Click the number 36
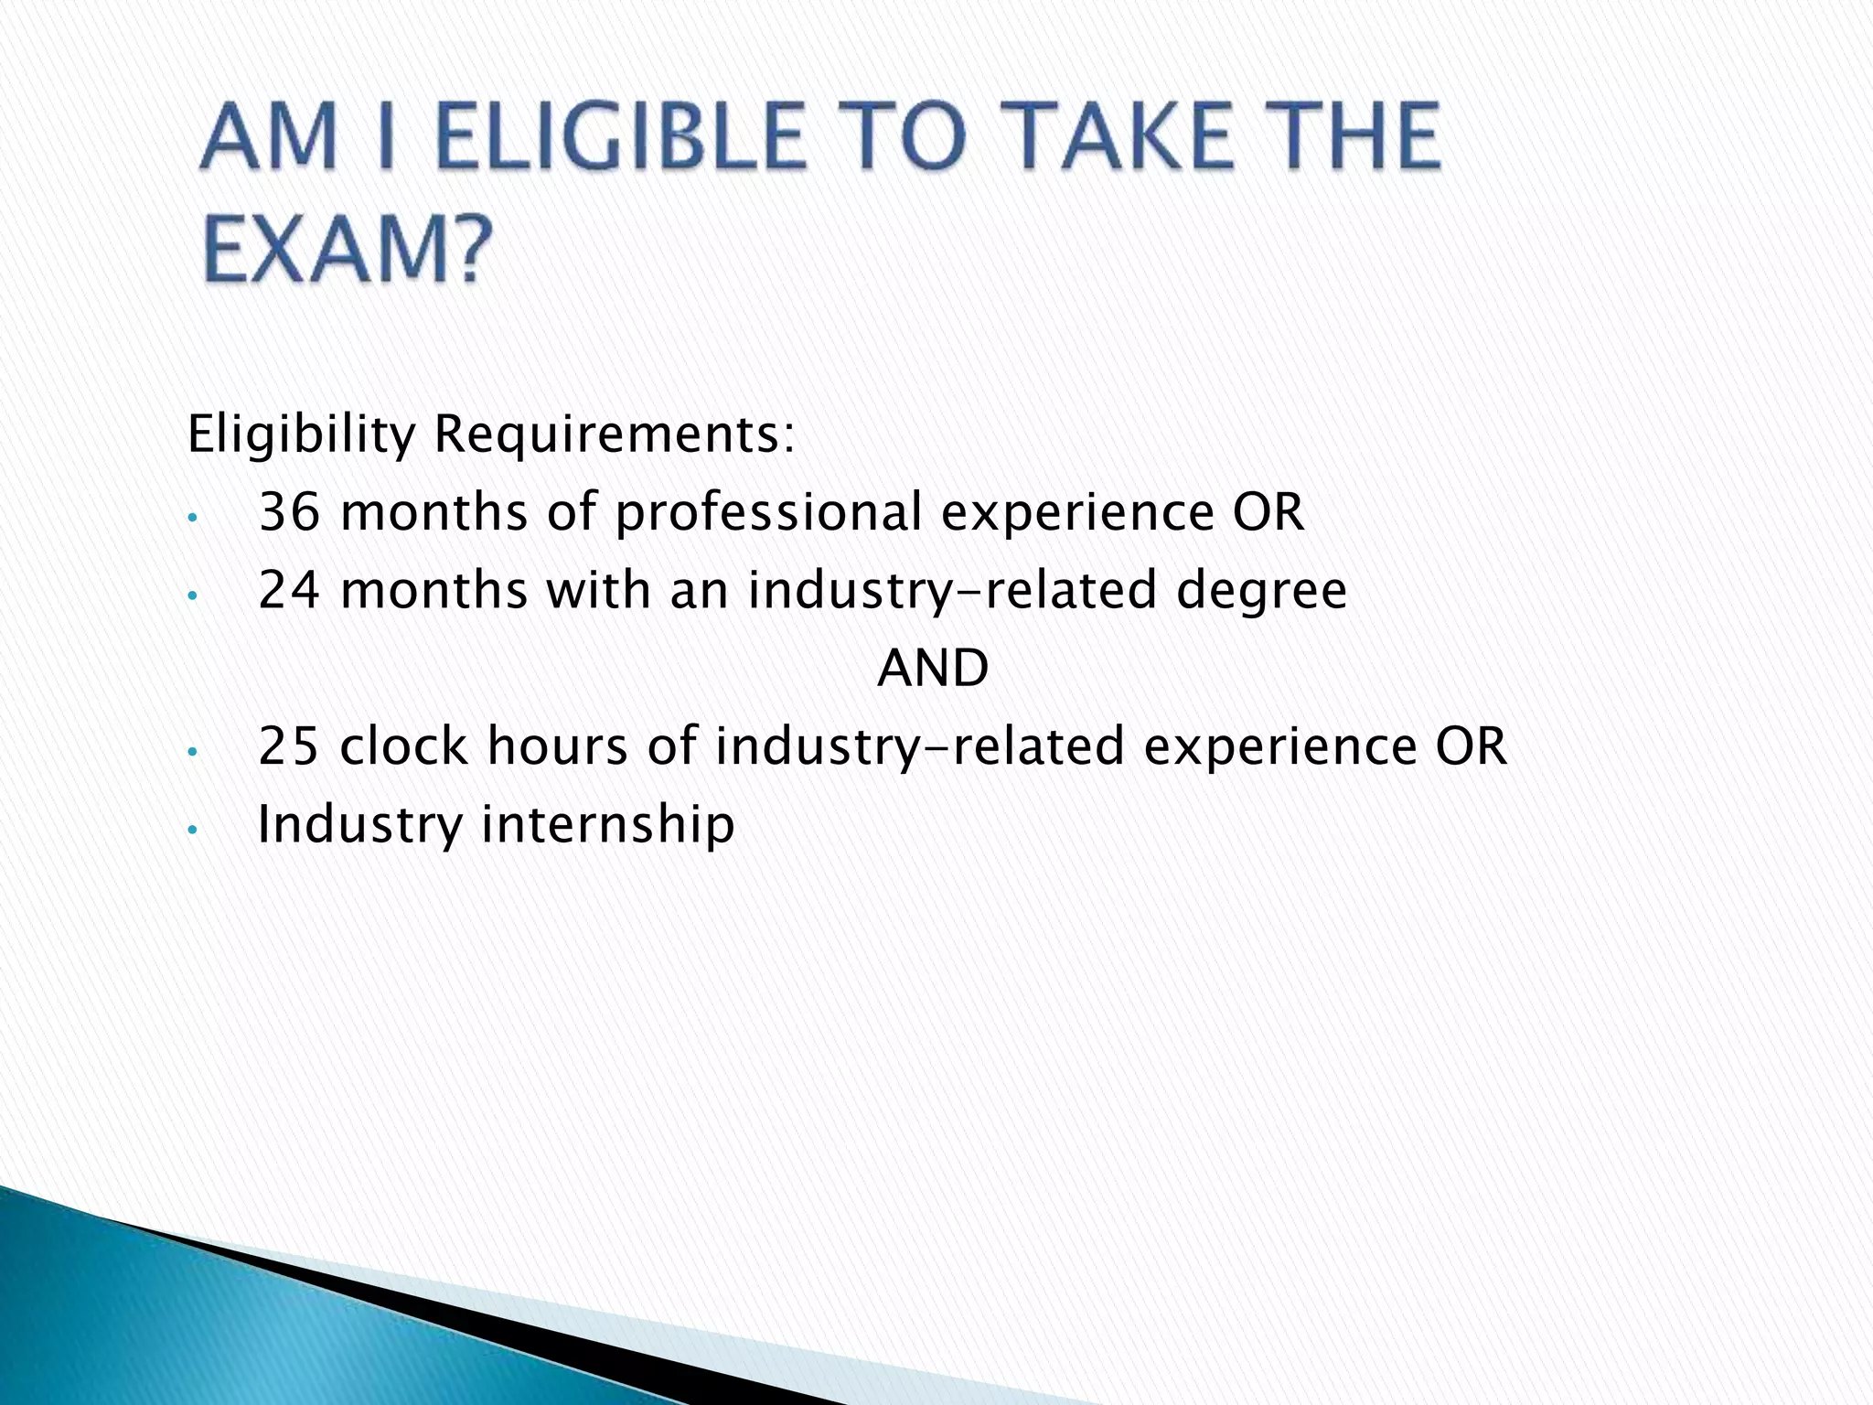290,511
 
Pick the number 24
290,589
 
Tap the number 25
289,745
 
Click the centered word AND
933,668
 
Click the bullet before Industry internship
191,829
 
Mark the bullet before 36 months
191,518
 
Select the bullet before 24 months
191,595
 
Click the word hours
557,745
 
